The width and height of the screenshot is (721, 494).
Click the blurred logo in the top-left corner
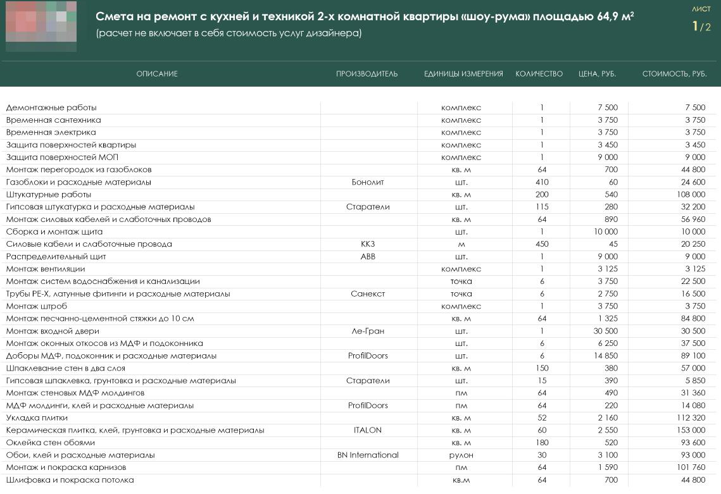pos(41,26)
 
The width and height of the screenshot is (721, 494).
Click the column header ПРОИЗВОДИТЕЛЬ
pos(367,74)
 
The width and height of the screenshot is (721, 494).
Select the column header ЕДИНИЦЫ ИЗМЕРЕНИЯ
pos(463,74)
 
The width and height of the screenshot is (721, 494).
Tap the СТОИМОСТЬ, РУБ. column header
pos(674,74)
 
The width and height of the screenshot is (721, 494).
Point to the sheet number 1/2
pos(701,27)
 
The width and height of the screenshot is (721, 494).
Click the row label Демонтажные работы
pos(51,108)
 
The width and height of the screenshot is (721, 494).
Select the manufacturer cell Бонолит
pos(368,182)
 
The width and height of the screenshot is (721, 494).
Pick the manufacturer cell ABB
pos(368,257)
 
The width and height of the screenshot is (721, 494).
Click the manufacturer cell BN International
pos(368,455)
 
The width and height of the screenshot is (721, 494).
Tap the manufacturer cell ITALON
pos(368,431)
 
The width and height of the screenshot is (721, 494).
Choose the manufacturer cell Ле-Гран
pos(368,331)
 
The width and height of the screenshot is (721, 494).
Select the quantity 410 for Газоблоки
pos(542,182)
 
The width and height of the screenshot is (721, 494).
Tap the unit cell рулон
pos(461,455)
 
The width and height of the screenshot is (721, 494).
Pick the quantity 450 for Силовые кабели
pos(542,244)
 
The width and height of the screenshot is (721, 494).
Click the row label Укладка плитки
pos(37,418)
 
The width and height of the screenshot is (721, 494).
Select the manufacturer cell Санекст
pos(368,294)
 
